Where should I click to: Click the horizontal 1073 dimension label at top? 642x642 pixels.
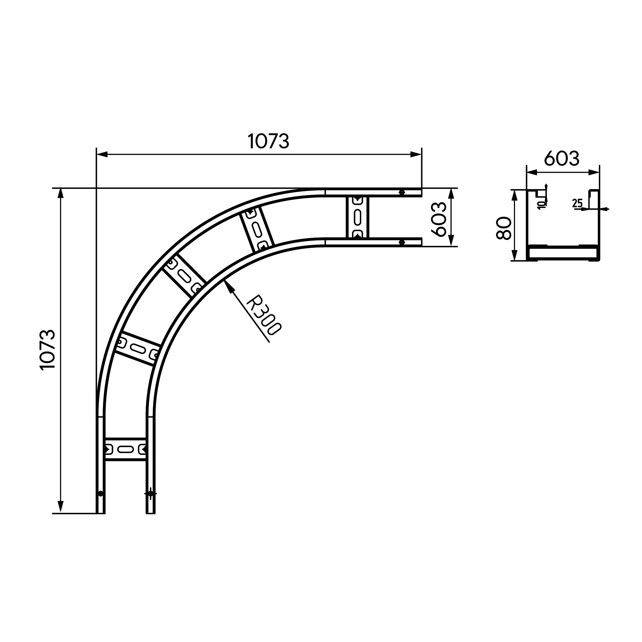tap(268, 141)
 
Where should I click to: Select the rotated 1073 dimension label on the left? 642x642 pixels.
tap(47, 350)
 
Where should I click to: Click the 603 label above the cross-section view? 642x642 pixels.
tap(561, 159)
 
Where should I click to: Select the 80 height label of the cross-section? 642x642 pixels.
tap(503, 228)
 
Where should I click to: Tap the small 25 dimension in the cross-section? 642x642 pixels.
tap(577, 203)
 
